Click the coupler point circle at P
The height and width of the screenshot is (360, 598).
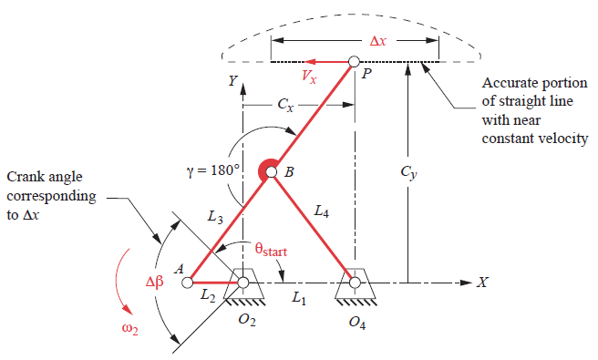355,63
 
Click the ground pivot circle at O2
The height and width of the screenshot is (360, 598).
243,283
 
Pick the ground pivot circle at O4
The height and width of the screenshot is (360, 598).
355,283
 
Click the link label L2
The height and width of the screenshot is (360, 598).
208,298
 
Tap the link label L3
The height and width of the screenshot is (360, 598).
214,217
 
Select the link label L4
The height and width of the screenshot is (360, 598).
321,211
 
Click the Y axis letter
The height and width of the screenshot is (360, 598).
233,82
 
